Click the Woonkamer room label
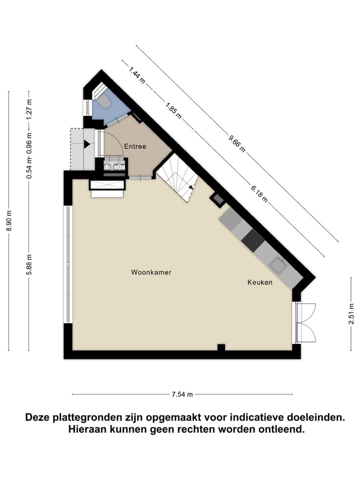coord(151,272)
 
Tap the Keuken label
coord(260,282)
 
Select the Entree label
coord(135,146)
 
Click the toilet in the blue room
coord(103,101)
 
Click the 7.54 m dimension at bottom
coord(182,394)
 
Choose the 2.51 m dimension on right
coord(351,314)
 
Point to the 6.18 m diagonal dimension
coord(259,193)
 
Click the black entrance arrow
coord(87,144)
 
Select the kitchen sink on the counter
coord(278,265)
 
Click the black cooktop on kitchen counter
coord(252,240)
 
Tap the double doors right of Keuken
coord(306,322)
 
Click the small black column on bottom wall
coord(220,347)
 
